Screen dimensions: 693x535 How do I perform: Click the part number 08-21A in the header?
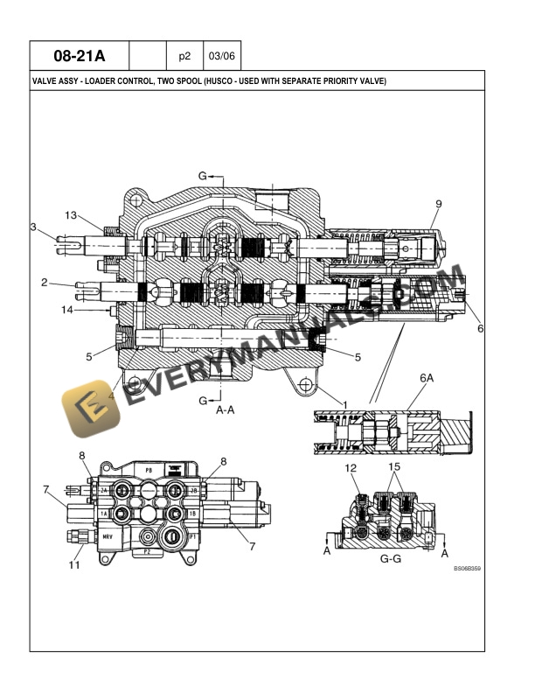pyautogui.click(x=79, y=57)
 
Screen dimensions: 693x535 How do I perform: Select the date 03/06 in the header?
pyautogui.click(x=222, y=57)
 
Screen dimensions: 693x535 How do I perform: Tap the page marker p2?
pyautogui.click(x=184, y=57)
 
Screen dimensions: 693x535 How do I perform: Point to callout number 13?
pyautogui.click(x=71, y=215)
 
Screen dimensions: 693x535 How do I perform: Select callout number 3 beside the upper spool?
pyautogui.click(x=32, y=227)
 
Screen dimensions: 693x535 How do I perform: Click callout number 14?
pyautogui.click(x=66, y=310)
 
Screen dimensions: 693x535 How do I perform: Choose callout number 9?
pyautogui.click(x=438, y=204)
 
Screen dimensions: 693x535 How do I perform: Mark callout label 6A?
pyautogui.click(x=427, y=379)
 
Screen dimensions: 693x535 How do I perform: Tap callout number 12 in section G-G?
pyautogui.click(x=351, y=469)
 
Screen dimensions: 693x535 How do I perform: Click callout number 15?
pyautogui.click(x=394, y=466)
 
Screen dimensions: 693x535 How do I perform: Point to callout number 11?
pyautogui.click(x=73, y=564)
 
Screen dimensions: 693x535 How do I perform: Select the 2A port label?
pyautogui.click(x=103, y=491)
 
